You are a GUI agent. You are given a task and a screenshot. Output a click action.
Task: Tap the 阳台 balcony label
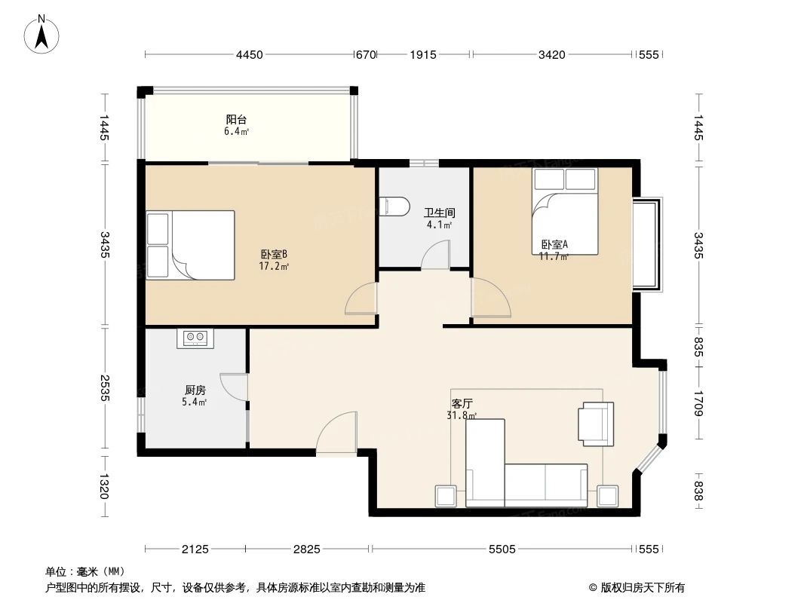236,119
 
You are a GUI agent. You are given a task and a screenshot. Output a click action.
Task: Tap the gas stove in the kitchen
196,338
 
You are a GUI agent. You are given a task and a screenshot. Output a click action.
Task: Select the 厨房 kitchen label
195,390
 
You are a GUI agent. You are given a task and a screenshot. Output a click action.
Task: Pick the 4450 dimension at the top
249,54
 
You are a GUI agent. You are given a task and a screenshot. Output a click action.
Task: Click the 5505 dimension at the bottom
502,549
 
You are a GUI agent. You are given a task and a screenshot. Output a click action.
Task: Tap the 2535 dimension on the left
104,388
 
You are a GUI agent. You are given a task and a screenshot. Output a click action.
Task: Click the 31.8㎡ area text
463,415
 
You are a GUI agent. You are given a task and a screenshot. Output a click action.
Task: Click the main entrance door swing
336,435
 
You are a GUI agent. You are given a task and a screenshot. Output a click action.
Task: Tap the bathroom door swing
435,256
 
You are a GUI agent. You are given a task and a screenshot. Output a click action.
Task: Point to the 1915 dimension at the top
423,54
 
